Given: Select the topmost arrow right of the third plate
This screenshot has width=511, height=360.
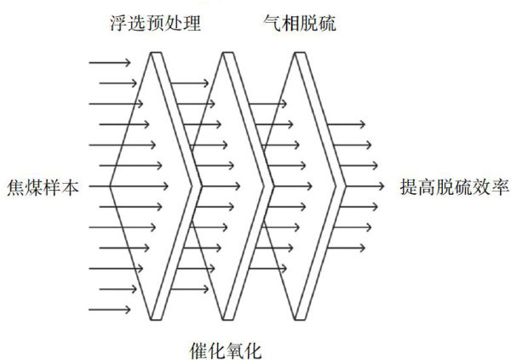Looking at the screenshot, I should click(x=349, y=124).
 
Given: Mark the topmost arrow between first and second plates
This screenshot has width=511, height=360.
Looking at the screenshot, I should click(x=189, y=83).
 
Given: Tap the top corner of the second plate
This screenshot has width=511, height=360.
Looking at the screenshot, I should click(x=227, y=53).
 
